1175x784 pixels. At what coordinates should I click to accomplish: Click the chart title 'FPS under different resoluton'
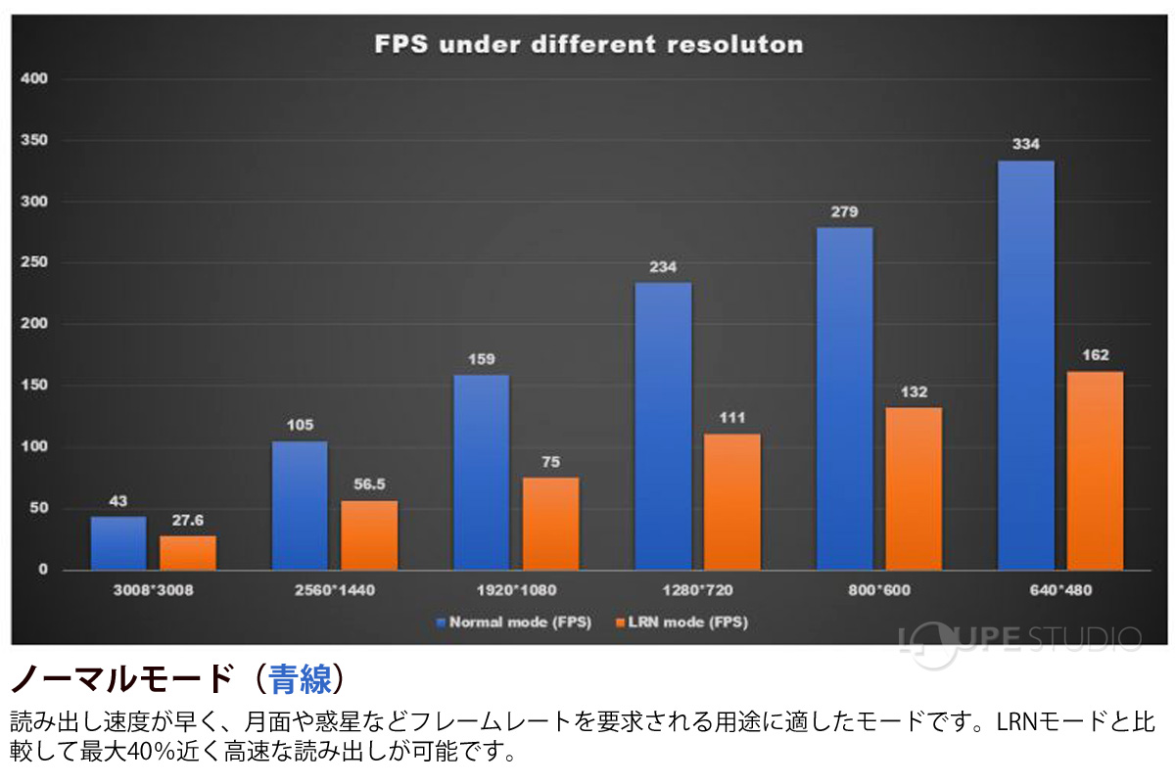(589, 45)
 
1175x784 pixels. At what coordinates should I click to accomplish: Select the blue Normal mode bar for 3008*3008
(118, 543)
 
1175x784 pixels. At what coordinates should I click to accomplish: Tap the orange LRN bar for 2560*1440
(369, 535)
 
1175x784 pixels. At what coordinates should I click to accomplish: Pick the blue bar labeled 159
(481, 472)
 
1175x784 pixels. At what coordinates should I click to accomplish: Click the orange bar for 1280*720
(731, 501)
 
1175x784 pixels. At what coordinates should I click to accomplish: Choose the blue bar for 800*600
(844, 398)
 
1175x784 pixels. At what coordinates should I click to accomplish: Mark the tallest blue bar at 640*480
(1025, 365)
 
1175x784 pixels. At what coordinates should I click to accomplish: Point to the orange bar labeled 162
(1095, 470)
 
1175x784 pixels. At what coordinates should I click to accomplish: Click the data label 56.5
(369, 484)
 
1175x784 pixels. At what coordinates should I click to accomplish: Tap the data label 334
(1025, 145)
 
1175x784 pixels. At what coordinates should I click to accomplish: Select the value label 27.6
(188, 520)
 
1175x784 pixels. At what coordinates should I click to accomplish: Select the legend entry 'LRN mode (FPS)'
(683, 622)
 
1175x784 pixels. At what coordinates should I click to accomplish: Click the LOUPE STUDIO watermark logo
(1018, 638)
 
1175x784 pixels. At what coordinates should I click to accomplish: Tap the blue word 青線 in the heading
(300, 678)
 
